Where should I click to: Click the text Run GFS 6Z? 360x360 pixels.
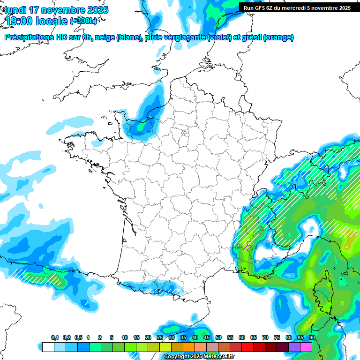pos(257,8)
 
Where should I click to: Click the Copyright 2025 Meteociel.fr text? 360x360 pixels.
pos(199,357)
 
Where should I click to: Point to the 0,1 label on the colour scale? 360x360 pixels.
pos(55,338)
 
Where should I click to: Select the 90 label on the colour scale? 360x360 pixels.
pos(312,338)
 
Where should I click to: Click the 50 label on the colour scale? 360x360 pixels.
pos(218,338)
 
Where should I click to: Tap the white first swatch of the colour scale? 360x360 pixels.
pos(48,347)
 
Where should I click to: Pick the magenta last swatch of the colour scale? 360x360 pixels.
pos(306,347)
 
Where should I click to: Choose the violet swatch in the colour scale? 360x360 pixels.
pos(294,347)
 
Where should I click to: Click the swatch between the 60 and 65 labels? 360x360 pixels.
pos(247,347)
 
